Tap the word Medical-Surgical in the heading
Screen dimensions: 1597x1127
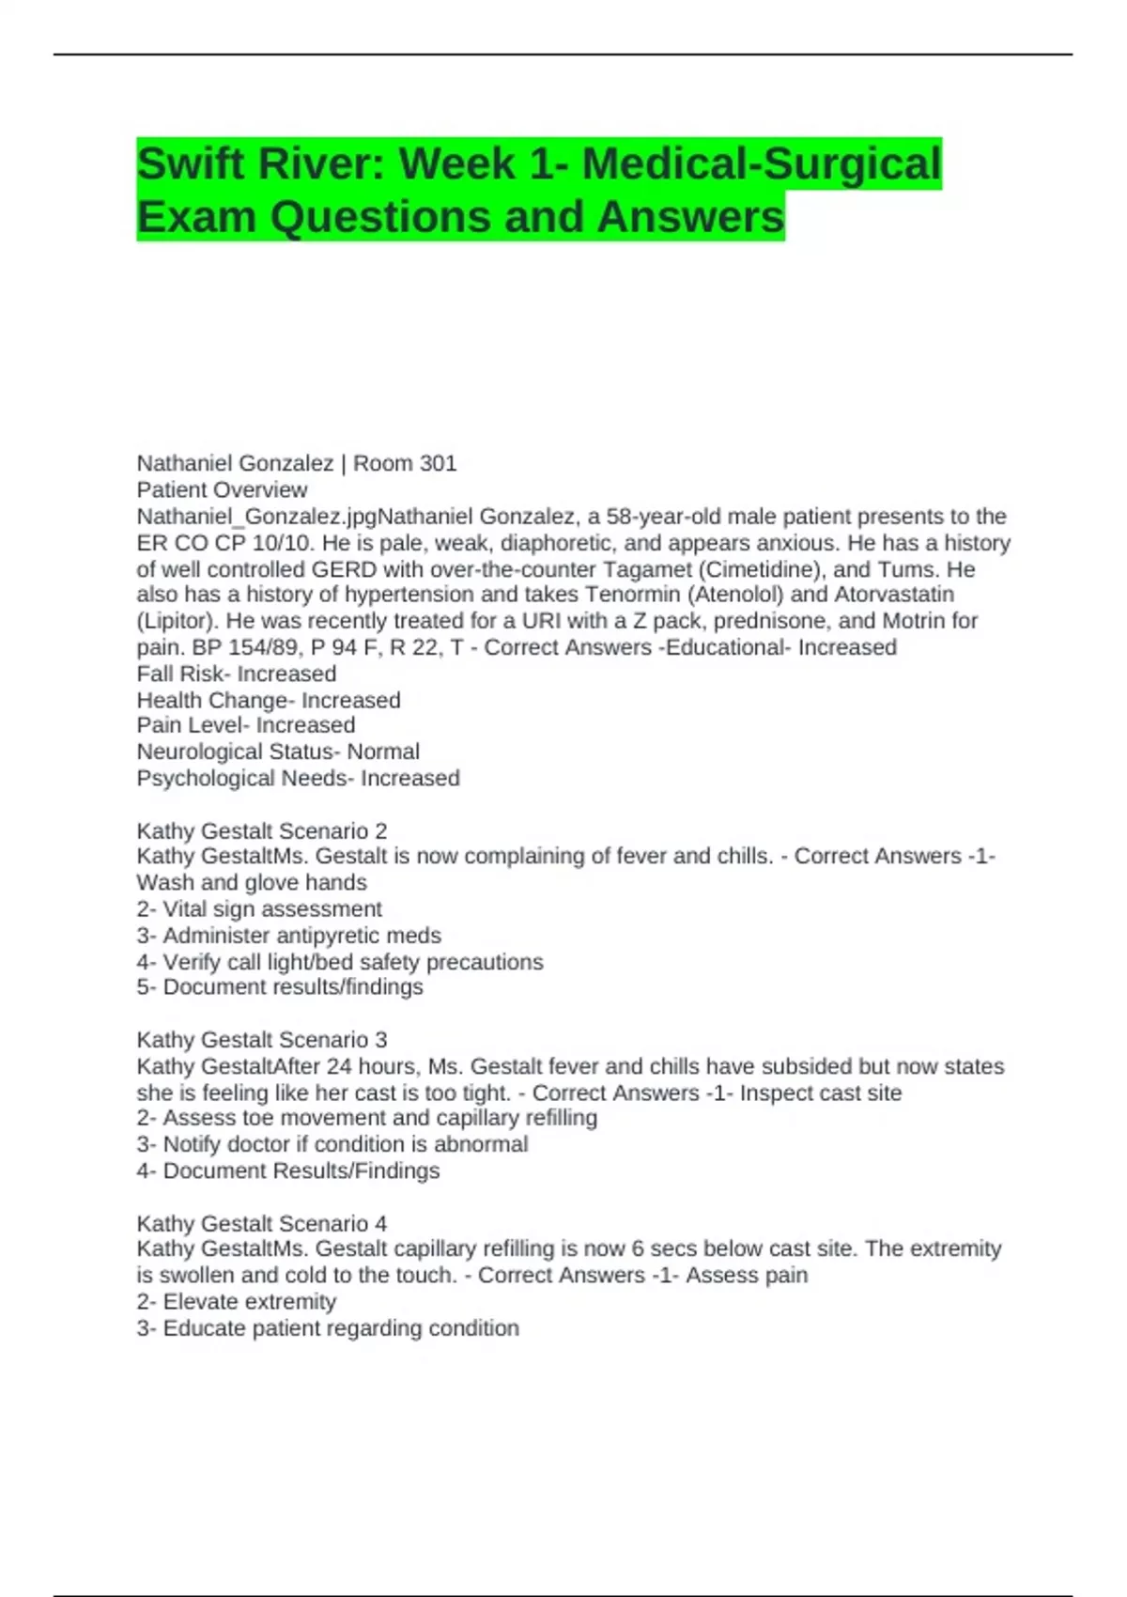[x=761, y=163]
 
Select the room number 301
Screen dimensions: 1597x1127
[x=438, y=463]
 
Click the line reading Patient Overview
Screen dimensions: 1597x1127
[x=222, y=489]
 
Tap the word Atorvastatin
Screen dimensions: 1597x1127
[x=894, y=595]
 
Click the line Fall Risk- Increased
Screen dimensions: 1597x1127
[x=237, y=674]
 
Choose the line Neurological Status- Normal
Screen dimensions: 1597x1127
[x=278, y=752]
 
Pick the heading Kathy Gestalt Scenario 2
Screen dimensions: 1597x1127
[x=262, y=830]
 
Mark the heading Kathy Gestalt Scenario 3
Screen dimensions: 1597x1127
[x=262, y=1040]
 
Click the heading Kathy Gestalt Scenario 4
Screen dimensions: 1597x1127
[x=262, y=1223]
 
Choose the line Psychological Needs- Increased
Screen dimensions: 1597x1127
[x=298, y=778]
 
